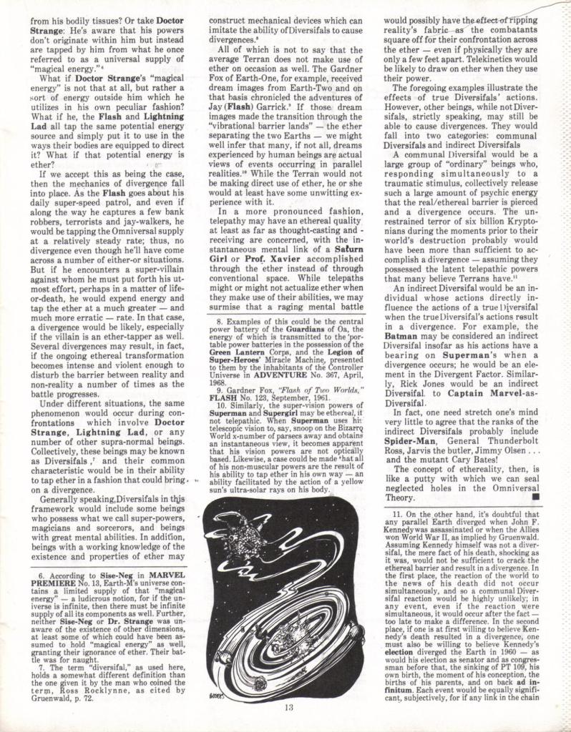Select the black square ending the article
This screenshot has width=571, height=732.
(x=537, y=495)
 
